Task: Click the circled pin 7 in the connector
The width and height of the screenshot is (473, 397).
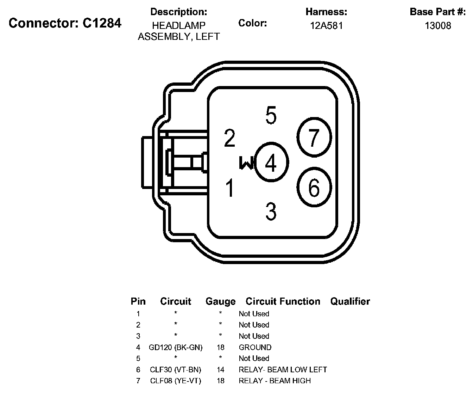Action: pos(314,137)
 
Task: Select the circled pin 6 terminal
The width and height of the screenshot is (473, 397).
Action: pos(314,187)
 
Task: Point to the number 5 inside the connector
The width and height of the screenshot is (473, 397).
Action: pos(271,115)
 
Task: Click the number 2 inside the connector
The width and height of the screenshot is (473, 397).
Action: pos(229,138)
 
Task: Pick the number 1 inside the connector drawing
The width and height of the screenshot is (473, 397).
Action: pos(230,188)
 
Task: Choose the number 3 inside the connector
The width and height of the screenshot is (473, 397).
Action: pos(271,211)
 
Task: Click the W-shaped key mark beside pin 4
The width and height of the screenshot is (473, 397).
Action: pos(246,163)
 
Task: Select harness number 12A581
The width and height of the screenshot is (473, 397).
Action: pos(326,26)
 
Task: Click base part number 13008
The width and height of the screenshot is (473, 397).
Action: pos(438,26)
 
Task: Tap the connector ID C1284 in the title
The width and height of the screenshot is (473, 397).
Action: pos(102,23)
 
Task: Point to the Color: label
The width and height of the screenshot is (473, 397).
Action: pos(252,23)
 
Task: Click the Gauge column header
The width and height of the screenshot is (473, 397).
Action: pos(220,301)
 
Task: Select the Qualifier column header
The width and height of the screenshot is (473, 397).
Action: pos(350,301)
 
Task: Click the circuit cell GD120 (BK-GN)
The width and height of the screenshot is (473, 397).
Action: pos(176,347)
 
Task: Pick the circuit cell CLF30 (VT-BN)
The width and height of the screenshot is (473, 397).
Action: pos(176,369)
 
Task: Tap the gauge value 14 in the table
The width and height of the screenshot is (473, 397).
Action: pos(220,369)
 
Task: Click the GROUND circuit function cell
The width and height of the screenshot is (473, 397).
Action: pos(255,347)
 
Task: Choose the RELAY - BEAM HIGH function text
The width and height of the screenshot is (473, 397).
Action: pos(275,381)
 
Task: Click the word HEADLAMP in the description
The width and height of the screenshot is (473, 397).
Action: pos(179,26)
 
